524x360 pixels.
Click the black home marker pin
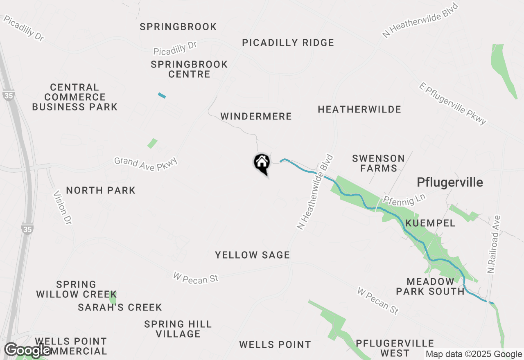coord(262,163)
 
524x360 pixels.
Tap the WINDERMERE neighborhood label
coord(256,117)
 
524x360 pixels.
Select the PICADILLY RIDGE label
coord(288,43)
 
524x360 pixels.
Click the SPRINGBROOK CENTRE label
coord(189,69)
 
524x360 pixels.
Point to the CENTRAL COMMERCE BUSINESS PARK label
coord(75,97)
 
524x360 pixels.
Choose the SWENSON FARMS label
coord(378,163)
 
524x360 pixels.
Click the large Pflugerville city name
coord(450,182)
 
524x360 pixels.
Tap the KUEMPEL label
coord(430,223)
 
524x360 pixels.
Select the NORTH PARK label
coord(101,190)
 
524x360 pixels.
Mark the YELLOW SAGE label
coord(253,255)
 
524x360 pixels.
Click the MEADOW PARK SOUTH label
coord(430,286)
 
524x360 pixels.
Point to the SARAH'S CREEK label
coord(120,307)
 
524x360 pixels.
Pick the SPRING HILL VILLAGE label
coord(178,329)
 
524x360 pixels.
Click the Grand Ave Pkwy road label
coord(146,164)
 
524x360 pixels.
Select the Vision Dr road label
coord(63,207)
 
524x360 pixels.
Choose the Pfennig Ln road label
coord(404,199)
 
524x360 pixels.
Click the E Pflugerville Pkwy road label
coord(453,103)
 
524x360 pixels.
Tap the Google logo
coord(28,351)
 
